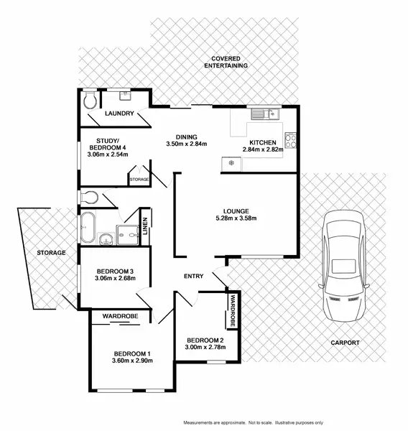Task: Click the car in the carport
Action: tap(343, 266)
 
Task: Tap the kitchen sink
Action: tap(265, 113)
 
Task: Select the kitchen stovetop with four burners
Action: tap(290, 141)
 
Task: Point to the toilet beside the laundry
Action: tap(90, 100)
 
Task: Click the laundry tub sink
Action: tap(126, 96)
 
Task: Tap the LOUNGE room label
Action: tap(236, 211)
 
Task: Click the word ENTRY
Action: tap(193, 276)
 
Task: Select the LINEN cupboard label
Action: tap(145, 226)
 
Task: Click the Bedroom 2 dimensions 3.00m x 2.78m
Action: tap(205, 347)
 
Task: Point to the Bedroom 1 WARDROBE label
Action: tap(120, 316)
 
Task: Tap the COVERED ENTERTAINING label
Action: tap(226, 62)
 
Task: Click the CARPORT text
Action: tap(345, 343)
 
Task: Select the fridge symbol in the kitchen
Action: tap(231, 164)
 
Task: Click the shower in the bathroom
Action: tap(127, 235)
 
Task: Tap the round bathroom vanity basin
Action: tap(106, 238)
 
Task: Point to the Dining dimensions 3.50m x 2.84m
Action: tap(187, 144)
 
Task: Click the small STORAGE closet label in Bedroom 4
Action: tap(139, 180)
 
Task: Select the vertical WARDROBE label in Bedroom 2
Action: tap(233, 310)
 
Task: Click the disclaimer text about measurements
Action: tap(254, 423)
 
